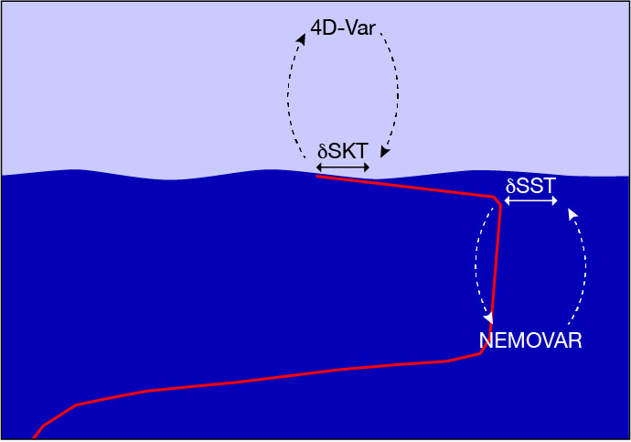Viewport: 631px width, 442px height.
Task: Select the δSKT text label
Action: point(342,152)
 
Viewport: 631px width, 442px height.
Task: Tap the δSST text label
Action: point(530,186)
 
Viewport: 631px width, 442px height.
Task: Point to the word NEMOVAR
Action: point(530,340)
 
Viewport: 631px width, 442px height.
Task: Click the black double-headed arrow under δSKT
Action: point(343,167)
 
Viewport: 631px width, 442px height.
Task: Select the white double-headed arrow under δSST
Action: point(530,200)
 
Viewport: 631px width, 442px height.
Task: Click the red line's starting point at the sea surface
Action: point(316,176)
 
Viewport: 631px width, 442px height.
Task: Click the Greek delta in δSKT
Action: point(322,152)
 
